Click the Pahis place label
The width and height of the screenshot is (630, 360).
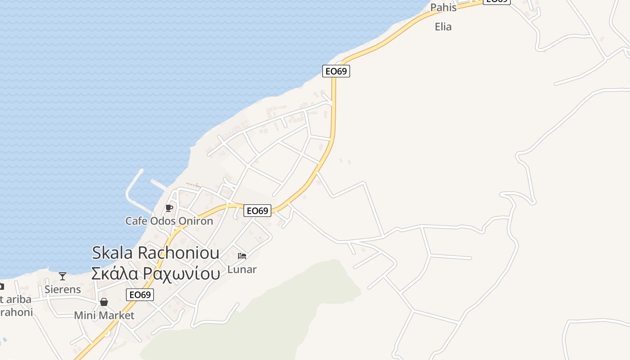pyautogui.click(x=443, y=8)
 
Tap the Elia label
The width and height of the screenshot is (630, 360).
pyautogui.click(x=443, y=27)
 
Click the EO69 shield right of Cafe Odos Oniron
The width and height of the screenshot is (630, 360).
pyautogui.click(x=257, y=210)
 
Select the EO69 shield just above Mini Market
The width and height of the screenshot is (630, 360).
pyautogui.click(x=140, y=295)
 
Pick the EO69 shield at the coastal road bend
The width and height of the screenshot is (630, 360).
pyautogui.click(x=336, y=71)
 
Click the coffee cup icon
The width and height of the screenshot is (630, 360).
pyautogui.click(x=169, y=208)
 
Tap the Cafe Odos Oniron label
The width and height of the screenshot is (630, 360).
pyautogui.click(x=169, y=221)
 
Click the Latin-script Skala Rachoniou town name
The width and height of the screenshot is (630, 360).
pyautogui.click(x=155, y=252)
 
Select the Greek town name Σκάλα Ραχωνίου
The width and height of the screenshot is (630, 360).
pyautogui.click(x=155, y=273)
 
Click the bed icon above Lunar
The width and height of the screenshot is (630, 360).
pyautogui.click(x=242, y=256)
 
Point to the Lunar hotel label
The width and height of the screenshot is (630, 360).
pyautogui.click(x=242, y=270)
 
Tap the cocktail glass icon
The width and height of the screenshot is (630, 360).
pyautogui.click(x=63, y=276)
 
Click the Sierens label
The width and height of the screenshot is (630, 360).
pyautogui.click(x=63, y=289)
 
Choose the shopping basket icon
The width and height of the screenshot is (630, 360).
pyautogui.click(x=104, y=302)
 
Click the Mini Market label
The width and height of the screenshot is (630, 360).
pyautogui.click(x=104, y=315)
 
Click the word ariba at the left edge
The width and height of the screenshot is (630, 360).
pyautogui.click(x=18, y=299)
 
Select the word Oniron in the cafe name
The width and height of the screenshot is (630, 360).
pyautogui.click(x=195, y=221)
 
